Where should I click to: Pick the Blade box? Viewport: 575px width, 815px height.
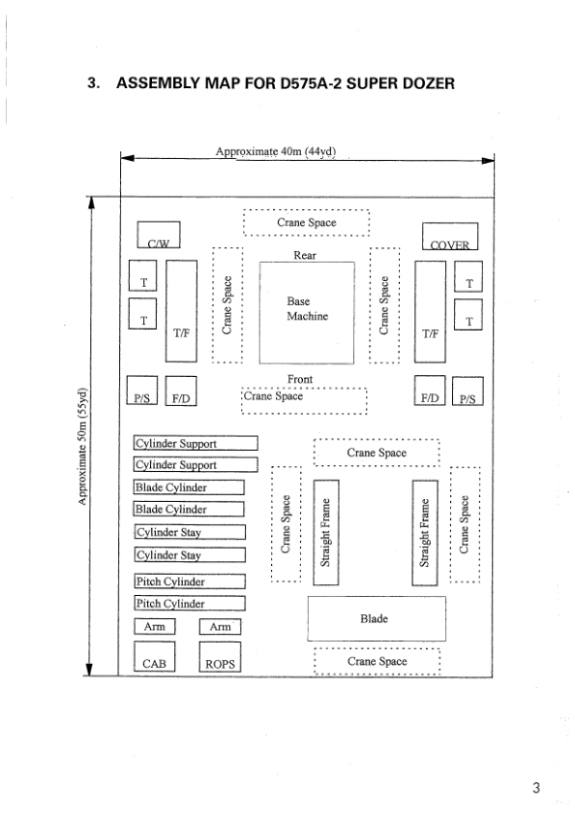click(376, 618)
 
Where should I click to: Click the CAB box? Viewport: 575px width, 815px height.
click(154, 658)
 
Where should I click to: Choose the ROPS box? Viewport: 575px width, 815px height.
click(219, 658)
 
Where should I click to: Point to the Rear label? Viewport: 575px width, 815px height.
click(306, 256)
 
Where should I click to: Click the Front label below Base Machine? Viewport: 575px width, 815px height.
click(300, 380)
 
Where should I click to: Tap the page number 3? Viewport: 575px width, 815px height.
click(536, 786)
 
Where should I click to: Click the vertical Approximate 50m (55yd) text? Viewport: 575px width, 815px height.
click(83, 446)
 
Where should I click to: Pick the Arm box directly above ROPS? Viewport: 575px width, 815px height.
click(219, 627)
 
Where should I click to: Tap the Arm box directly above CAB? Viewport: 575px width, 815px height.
click(154, 627)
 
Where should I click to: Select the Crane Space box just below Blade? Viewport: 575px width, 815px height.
click(378, 660)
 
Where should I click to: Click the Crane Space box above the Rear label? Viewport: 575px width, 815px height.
click(306, 223)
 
